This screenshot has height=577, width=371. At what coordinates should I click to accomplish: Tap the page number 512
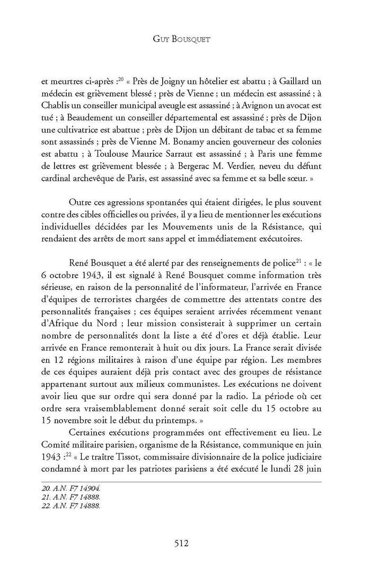[185, 542]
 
